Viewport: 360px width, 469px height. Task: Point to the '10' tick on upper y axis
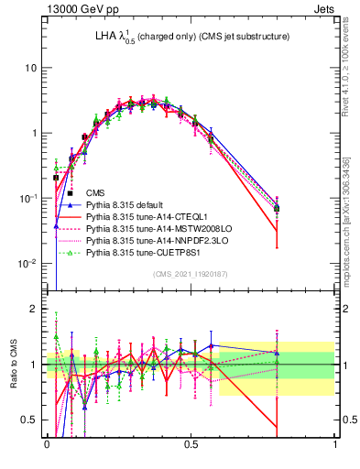click(31, 68)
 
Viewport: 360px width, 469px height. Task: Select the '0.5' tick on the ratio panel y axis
click(31, 420)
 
